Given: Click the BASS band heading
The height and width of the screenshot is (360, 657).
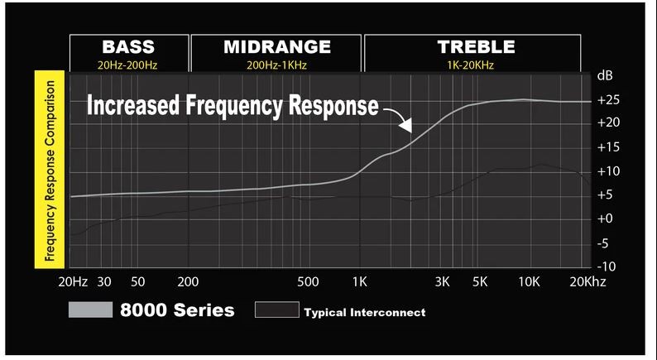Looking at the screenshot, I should click(x=128, y=46).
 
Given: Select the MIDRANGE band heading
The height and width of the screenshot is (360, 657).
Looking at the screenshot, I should click(x=276, y=46).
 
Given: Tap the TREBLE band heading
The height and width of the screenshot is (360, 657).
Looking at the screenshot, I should click(x=476, y=46).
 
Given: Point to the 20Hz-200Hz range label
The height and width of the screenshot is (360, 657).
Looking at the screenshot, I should click(x=128, y=63).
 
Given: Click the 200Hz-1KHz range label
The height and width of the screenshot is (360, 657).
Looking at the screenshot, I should click(x=276, y=63).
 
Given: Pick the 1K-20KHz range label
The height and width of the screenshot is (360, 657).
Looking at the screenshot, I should click(x=476, y=63).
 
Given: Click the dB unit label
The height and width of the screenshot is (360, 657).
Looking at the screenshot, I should click(x=605, y=76).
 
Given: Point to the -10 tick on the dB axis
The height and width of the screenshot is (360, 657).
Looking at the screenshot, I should click(x=607, y=266).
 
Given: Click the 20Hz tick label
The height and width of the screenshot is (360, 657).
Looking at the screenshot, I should click(x=73, y=282).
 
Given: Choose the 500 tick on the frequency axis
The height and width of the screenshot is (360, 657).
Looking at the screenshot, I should click(x=308, y=282).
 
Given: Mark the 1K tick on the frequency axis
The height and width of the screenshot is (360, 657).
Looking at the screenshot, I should click(x=360, y=282).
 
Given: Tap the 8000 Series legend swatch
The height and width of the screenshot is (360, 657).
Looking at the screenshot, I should click(x=90, y=310).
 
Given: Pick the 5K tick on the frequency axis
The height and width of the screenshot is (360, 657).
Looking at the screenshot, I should click(x=481, y=282).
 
